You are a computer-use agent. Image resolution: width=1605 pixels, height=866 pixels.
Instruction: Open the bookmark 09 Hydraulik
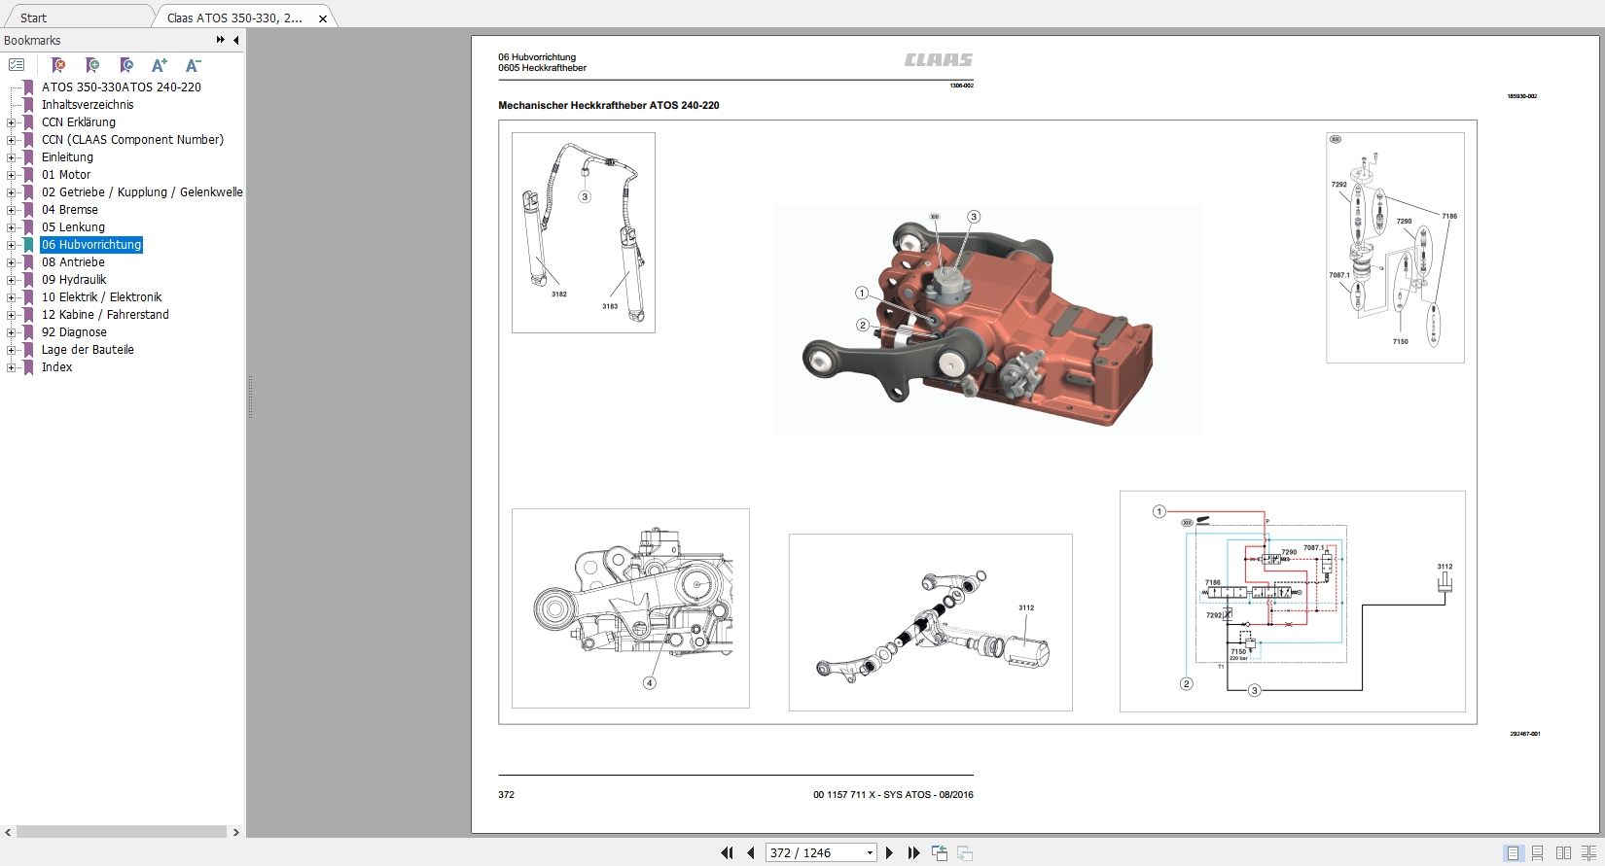click(74, 280)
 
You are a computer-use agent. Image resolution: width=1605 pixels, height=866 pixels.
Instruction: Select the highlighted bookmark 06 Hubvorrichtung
click(91, 245)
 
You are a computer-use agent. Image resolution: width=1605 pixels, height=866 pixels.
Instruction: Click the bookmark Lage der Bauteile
click(88, 350)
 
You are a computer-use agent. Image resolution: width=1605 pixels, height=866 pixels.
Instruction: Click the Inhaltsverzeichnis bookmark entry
click(88, 105)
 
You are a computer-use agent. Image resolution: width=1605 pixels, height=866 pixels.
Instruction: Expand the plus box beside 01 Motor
click(11, 175)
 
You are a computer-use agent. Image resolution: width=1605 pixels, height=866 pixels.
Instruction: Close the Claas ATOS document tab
click(323, 18)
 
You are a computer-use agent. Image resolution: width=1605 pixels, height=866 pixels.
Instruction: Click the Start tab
click(33, 18)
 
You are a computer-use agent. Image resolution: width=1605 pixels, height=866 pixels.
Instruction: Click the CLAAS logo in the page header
click(938, 60)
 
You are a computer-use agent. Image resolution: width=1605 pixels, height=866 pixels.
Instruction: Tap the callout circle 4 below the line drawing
click(650, 682)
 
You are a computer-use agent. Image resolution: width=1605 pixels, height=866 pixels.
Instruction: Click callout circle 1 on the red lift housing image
click(862, 293)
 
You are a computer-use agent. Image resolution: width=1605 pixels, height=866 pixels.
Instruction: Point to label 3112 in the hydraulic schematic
click(1444, 567)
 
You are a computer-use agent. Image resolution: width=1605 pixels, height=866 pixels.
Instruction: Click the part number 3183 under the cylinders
click(610, 306)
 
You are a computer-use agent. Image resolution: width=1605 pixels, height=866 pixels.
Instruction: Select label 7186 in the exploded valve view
click(1449, 216)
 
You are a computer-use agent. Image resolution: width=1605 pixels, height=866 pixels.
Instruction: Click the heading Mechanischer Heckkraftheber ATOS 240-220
click(609, 105)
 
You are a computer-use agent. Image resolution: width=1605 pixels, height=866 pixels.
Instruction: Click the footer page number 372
click(506, 794)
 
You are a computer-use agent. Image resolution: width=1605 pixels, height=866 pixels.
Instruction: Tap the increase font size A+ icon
click(160, 65)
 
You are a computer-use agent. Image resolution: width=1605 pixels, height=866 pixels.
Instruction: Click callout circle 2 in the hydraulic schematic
click(1186, 683)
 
